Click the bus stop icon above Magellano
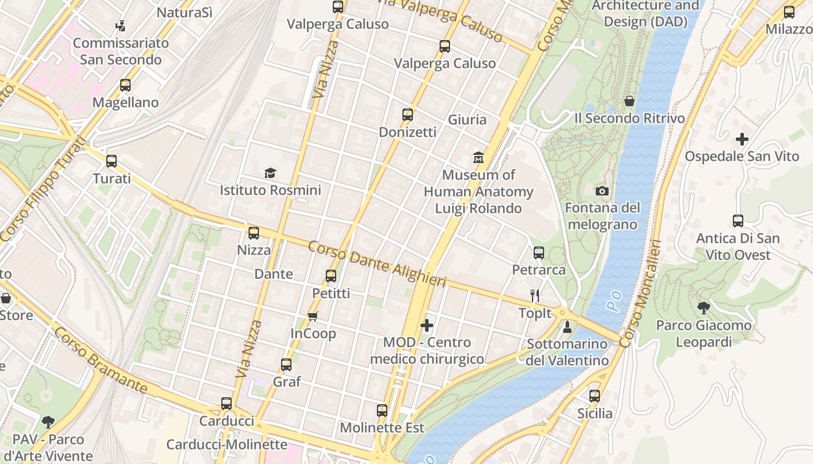125,85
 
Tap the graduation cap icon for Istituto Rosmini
270,173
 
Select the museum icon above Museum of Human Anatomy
479,157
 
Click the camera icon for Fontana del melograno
602,191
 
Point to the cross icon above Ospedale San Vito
742,139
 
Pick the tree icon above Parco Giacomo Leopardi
704,308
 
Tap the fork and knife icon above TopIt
535,296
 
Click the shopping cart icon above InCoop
313,316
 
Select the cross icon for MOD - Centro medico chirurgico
427,325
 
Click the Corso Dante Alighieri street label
377,263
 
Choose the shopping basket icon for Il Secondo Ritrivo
629,101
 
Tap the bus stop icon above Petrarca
539,253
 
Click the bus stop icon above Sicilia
595,396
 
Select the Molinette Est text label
382,428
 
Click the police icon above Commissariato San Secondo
121,26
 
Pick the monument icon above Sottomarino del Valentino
567,327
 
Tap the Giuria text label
467,119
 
